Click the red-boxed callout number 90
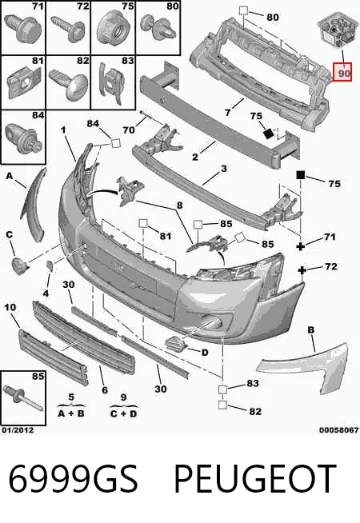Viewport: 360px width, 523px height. pyautogui.click(x=342, y=73)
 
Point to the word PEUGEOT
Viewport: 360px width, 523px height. pyautogui.click(x=255, y=478)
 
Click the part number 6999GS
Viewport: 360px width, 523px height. pyautogui.click(x=73, y=478)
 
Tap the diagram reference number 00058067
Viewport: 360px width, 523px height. pyautogui.click(x=338, y=430)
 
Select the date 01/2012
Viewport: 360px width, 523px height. pyautogui.click(x=18, y=430)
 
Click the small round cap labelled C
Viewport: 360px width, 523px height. pyautogui.click(x=20, y=265)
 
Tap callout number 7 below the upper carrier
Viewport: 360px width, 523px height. pyautogui.click(x=227, y=113)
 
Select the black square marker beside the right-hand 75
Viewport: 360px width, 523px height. pyautogui.click(x=301, y=175)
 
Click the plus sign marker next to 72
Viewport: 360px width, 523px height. pyautogui.click(x=302, y=269)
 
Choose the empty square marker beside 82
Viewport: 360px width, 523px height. pyautogui.click(x=222, y=405)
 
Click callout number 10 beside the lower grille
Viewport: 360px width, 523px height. pyautogui.click(x=10, y=307)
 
